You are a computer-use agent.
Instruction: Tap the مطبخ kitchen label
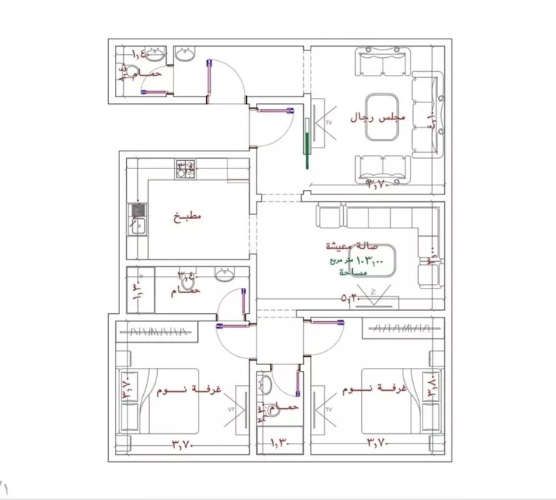pos(188,217)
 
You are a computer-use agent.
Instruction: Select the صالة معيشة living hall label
pos(351,245)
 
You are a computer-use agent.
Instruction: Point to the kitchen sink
pos(137,220)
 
